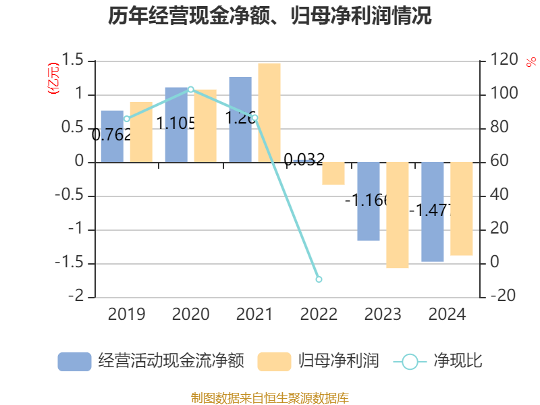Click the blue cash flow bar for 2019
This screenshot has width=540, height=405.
[x=112, y=136]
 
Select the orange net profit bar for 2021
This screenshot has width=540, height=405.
[x=269, y=113]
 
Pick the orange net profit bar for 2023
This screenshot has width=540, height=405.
[x=398, y=215]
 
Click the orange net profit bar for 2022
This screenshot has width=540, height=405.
[x=333, y=173]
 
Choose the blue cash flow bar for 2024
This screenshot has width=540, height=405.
[x=433, y=212]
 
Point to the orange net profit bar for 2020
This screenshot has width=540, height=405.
[x=205, y=126]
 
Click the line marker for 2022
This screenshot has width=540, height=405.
[x=319, y=279]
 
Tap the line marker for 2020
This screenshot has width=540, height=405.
[x=190, y=89]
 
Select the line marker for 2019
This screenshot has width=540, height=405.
[x=127, y=119]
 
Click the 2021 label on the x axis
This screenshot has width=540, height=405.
[x=254, y=315]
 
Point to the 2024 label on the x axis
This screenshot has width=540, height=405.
[x=447, y=315]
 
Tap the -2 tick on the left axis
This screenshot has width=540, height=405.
[x=79, y=297]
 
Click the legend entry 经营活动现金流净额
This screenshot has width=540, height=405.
[x=151, y=361]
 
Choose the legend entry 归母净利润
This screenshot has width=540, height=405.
[x=318, y=361]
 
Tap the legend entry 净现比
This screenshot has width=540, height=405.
[x=438, y=361]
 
